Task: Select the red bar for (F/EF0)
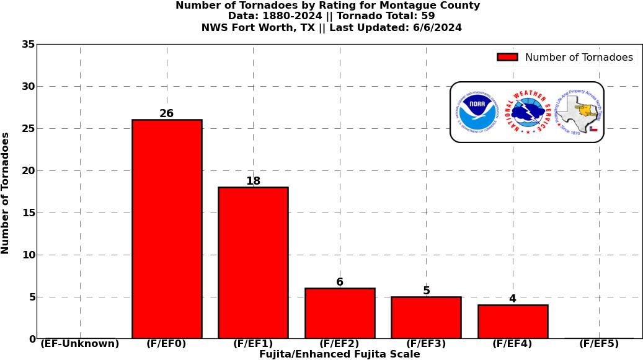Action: [x=167, y=229]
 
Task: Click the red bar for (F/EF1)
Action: [x=253, y=263]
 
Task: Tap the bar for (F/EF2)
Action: [x=340, y=313]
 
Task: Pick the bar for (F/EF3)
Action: [x=426, y=317]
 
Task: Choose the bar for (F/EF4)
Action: [x=513, y=322]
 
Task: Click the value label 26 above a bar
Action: [x=166, y=113]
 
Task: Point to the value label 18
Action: [x=253, y=181]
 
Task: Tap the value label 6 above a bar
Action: [x=340, y=282]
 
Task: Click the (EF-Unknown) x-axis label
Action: [x=80, y=344]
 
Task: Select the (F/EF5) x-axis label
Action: [x=599, y=344]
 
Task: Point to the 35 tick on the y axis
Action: [x=28, y=45]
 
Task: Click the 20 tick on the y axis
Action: [x=28, y=171]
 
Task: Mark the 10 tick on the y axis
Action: [x=28, y=255]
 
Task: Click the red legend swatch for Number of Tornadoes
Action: [x=507, y=58]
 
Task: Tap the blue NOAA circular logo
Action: [x=477, y=112]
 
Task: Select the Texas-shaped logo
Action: [x=579, y=112]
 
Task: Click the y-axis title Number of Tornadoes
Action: [x=6, y=193]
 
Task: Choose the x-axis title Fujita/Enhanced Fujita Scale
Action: [x=339, y=354]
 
